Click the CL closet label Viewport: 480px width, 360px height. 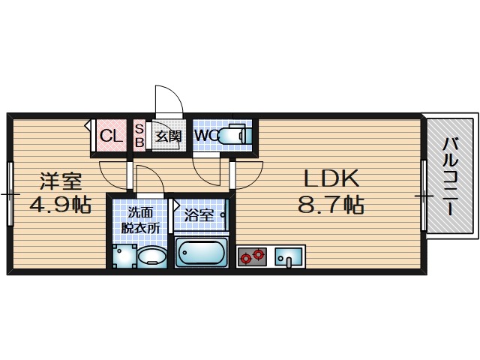[x=111, y=136]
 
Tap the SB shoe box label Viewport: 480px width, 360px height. [x=139, y=136]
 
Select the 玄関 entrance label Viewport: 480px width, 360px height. [x=168, y=136]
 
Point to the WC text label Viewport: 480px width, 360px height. [x=205, y=136]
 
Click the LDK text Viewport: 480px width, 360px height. [x=331, y=178]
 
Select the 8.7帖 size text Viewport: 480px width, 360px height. [x=331, y=205]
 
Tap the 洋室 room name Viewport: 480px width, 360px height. [x=60, y=181]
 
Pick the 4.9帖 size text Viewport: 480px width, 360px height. [x=60, y=205]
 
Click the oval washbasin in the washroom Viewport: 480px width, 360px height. [x=154, y=256]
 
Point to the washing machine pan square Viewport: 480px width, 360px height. [x=124, y=256]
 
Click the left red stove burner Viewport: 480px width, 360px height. [x=245, y=258]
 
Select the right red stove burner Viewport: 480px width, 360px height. [x=259, y=254]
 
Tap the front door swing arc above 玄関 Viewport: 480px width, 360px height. [x=166, y=101]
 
